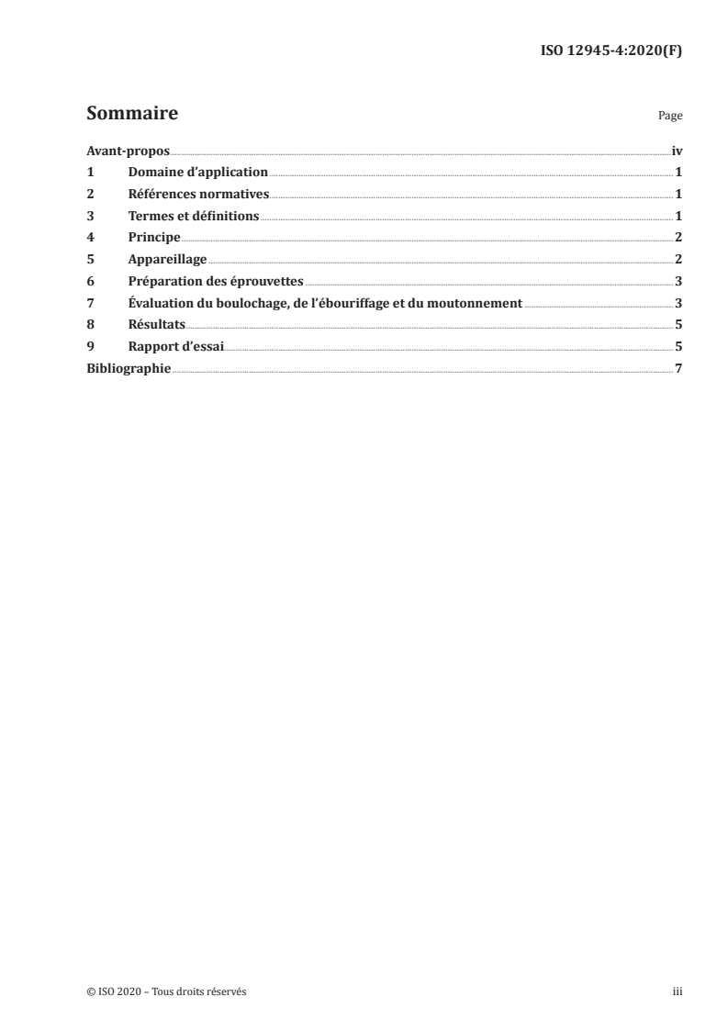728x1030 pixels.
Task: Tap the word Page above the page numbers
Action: coord(670,117)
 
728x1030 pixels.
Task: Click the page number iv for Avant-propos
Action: coord(677,151)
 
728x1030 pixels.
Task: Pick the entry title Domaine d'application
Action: coord(198,173)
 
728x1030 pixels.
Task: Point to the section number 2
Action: coord(90,195)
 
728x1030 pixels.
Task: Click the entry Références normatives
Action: coord(198,195)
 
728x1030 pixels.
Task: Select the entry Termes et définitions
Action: coord(194,217)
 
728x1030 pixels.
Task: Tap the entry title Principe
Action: coord(154,238)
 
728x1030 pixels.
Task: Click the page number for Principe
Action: coord(678,238)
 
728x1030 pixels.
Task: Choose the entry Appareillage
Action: coord(168,260)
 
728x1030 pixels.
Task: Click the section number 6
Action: coord(90,282)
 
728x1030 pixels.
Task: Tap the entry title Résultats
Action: coord(157,325)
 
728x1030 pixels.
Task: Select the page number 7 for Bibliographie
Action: coord(678,368)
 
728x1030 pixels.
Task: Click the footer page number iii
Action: coord(678,991)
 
